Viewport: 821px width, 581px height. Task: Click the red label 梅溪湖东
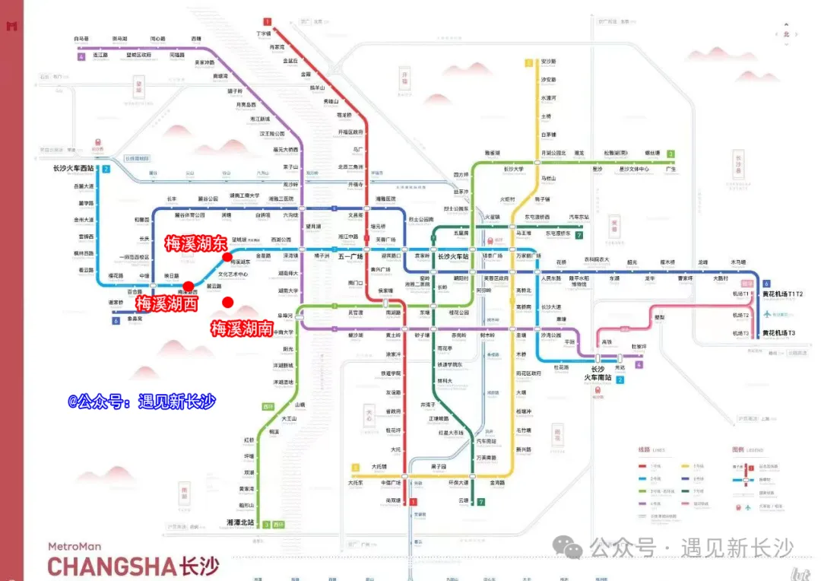click(x=195, y=243)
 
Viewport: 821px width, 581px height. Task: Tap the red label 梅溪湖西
click(x=166, y=303)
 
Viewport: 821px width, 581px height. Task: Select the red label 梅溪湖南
click(x=242, y=329)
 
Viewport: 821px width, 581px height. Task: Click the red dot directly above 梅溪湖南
click(x=227, y=303)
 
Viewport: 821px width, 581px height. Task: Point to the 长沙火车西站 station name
click(x=74, y=169)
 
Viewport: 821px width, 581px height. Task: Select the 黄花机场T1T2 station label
click(x=783, y=294)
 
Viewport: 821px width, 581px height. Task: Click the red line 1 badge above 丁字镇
click(x=268, y=21)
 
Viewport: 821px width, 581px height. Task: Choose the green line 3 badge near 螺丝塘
click(x=671, y=154)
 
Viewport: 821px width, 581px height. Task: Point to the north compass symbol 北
click(x=786, y=33)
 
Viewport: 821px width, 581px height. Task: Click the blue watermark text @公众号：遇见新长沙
click(x=142, y=401)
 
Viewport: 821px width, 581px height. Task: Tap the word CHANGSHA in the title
click(x=112, y=567)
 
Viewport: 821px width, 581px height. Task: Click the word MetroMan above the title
click(x=74, y=546)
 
